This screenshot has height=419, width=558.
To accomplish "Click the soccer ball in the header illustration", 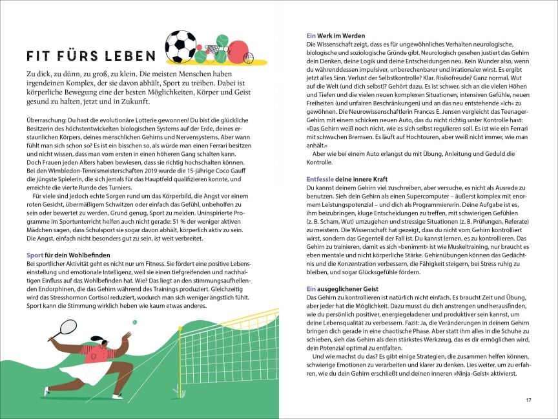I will (x=181, y=46).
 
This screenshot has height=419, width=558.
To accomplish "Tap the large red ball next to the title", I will (x=238, y=52).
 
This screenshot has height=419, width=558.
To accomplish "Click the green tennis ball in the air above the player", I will (x=134, y=321).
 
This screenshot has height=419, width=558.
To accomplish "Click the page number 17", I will (x=528, y=400).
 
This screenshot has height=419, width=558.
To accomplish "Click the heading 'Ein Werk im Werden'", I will (x=336, y=36).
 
